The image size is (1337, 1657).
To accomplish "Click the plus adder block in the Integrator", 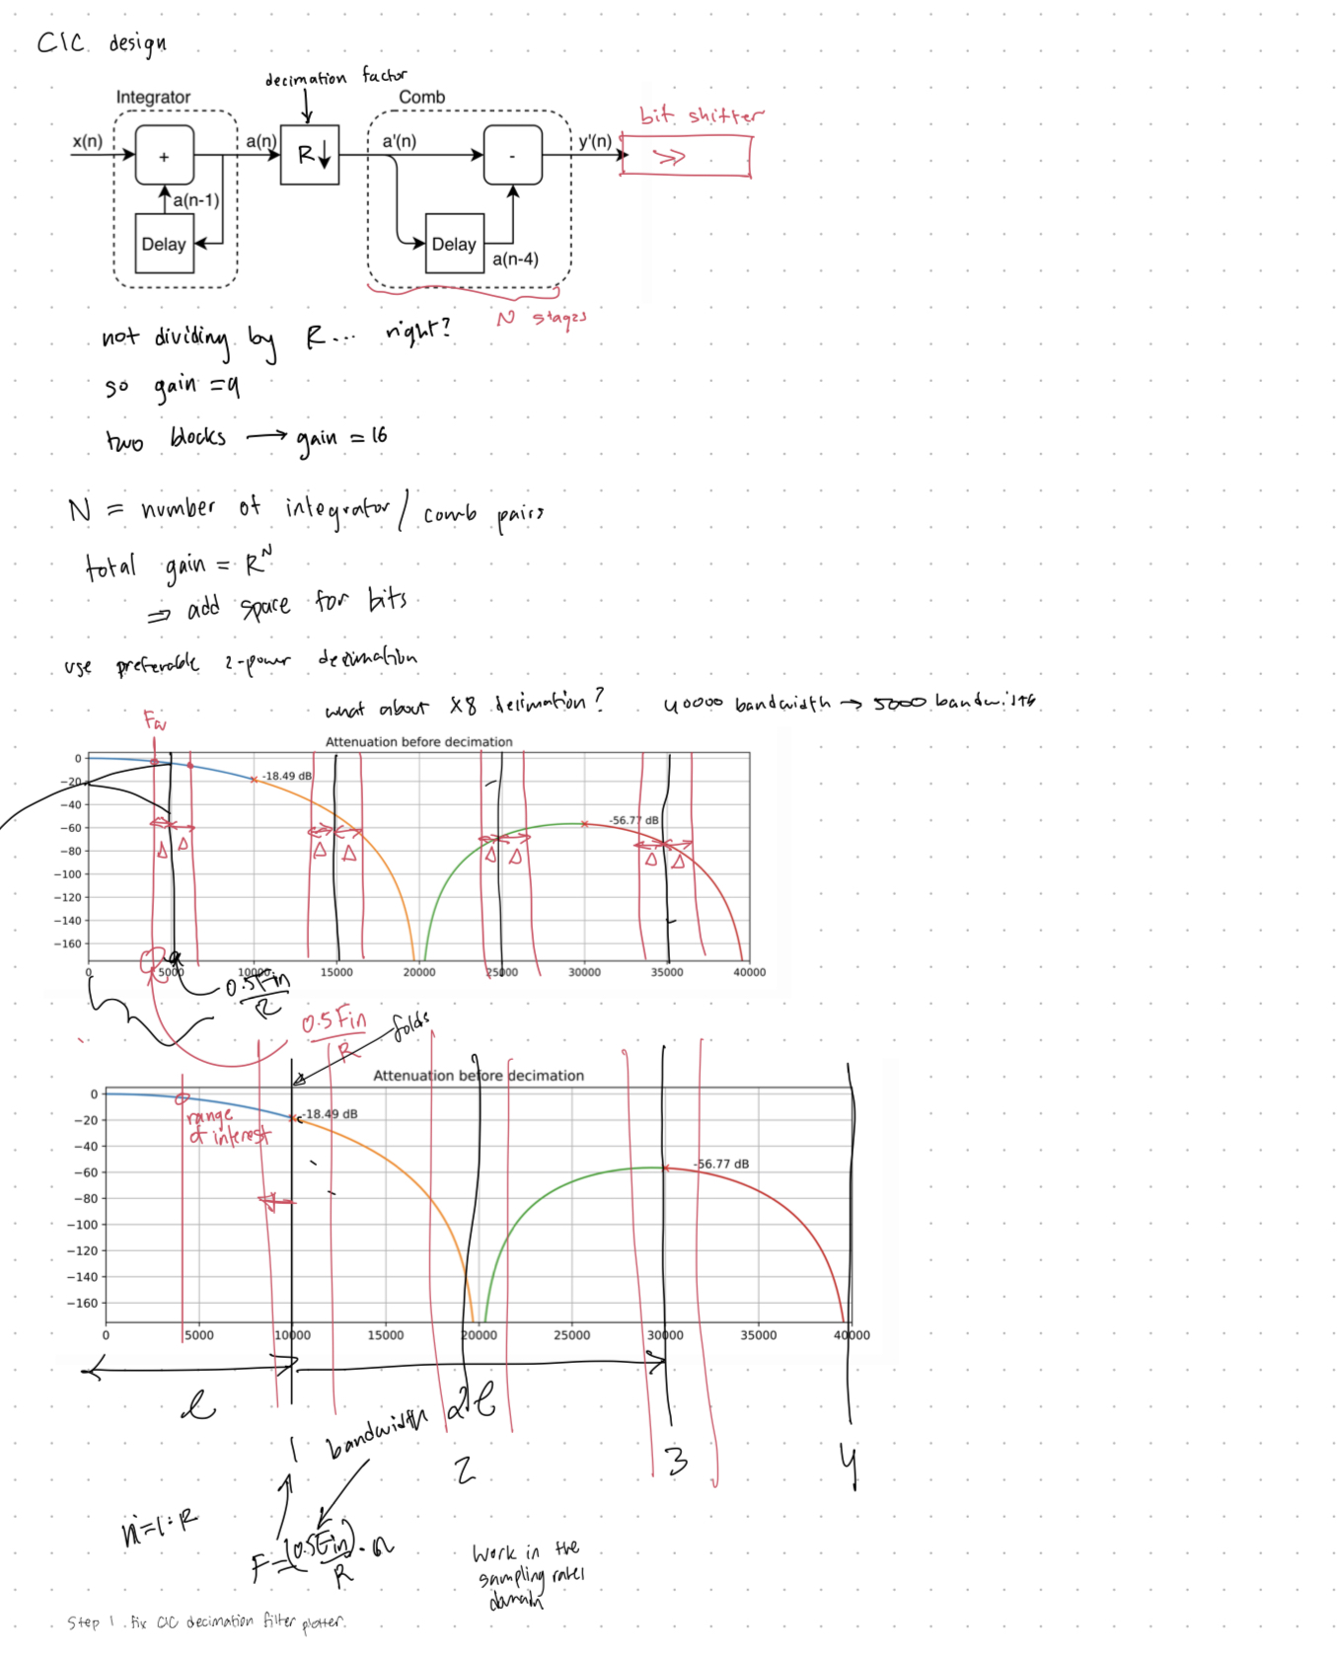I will coord(164,155).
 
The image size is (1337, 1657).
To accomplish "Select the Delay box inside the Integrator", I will coord(164,244).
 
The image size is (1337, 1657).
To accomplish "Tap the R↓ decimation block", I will coord(310,155).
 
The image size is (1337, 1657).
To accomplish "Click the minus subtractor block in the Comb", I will coord(512,155).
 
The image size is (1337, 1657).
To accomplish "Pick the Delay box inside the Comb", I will coord(454,244).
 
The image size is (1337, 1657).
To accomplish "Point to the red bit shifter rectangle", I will coord(686,156).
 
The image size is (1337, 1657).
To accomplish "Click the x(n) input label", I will coord(87,141).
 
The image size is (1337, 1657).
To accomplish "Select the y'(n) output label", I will coord(595,141).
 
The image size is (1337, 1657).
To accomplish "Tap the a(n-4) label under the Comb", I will coord(515,260).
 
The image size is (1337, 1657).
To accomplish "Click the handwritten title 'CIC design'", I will coord(102,43).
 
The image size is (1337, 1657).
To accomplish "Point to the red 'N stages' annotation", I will coord(542,318).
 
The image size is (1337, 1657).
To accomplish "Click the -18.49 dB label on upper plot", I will coord(287,776).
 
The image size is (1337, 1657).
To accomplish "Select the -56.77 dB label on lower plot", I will coord(721,1164).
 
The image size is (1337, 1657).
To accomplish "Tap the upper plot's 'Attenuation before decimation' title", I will coord(418,741).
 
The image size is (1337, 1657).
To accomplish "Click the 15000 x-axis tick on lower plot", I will coord(385,1335).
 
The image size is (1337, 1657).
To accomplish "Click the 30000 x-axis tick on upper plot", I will coord(584,972).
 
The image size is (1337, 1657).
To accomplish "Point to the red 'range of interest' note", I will coord(226,1127).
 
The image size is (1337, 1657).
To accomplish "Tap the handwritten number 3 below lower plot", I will coord(677,1462).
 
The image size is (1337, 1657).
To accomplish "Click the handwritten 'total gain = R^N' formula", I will coord(179,565).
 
